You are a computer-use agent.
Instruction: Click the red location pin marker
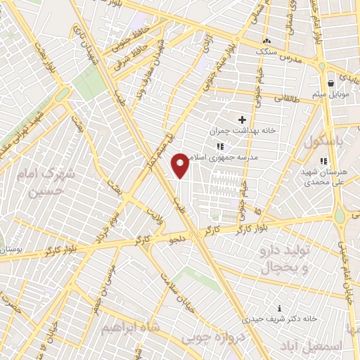(180, 165)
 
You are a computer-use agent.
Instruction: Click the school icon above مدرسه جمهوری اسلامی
(220, 147)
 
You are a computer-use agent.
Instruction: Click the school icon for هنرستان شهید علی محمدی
(323, 162)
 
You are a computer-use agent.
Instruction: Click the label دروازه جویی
(210, 336)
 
